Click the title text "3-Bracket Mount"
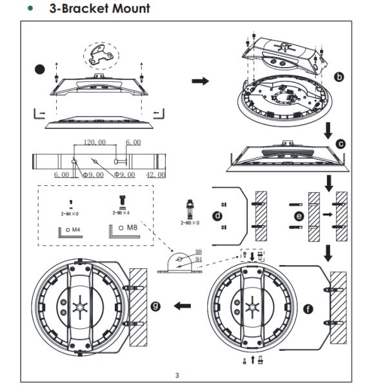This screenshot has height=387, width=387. [99, 8]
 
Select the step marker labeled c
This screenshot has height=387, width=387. [341, 144]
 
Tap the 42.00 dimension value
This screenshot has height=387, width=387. [155, 174]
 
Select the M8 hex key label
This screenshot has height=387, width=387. [132, 227]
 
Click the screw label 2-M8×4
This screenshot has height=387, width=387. [121, 212]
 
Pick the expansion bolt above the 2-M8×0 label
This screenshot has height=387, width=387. [190, 208]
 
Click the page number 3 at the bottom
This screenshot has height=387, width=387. [177, 374]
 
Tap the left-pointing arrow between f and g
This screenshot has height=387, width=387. [184, 306]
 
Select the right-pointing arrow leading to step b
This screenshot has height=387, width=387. [201, 81]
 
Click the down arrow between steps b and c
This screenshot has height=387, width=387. [328, 131]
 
